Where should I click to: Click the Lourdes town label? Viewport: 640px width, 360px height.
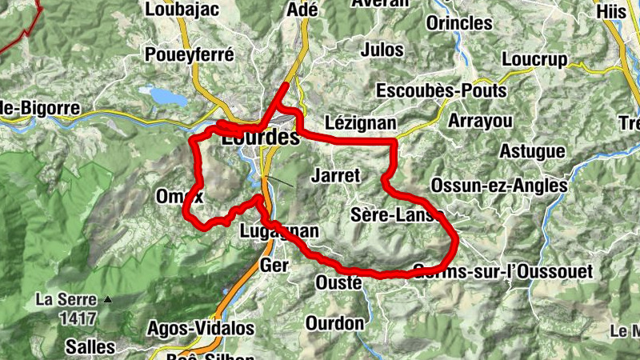click(260, 138)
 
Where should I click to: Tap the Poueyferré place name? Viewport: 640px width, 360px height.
click(190, 54)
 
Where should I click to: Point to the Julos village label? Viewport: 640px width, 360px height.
click(382, 50)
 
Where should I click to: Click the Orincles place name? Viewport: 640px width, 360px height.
click(459, 23)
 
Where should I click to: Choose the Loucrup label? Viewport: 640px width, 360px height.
click(534, 59)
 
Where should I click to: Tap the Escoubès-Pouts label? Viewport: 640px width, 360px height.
click(441, 90)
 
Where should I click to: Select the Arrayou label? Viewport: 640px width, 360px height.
click(479, 120)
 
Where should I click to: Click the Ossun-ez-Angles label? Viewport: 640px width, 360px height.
click(498, 185)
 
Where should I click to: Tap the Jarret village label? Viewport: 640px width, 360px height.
click(337, 175)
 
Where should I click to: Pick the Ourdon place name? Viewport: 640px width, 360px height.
click(334, 324)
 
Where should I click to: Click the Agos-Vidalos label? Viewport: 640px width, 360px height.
click(201, 328)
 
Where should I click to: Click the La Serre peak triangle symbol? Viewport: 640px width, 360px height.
click(108, 301)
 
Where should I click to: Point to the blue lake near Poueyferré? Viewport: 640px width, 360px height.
click(166, 96)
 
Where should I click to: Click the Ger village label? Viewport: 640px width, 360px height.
click(274, 265)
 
